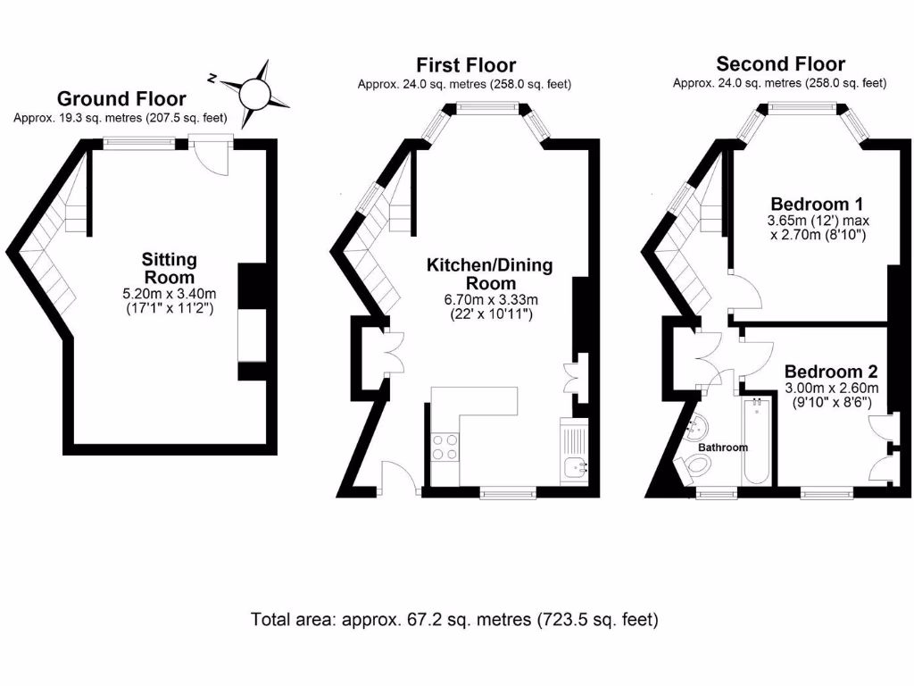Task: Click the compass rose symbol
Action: point(253,91)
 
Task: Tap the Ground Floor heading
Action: point(121,99)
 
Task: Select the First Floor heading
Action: point(465,65)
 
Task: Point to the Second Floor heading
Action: point(780,63)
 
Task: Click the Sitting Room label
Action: point(169,268)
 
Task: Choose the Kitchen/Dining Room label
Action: point(489,274)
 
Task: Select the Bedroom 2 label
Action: point(831,372)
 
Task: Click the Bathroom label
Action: point(722,447)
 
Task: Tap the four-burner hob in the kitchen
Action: point(445,446)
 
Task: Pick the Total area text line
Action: point(455,619)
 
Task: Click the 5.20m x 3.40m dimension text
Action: point(169,294)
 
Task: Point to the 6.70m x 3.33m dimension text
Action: point(489,300)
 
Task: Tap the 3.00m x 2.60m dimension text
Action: point(831,389)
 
